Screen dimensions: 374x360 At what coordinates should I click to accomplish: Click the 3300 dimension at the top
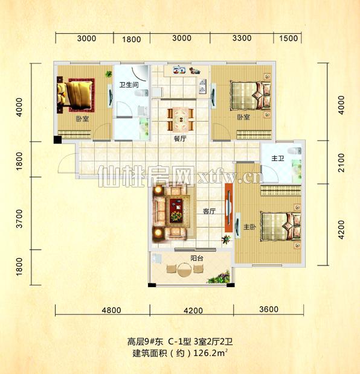click(x=242, y=39)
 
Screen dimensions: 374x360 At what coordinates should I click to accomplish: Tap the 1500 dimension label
click(x=289, y=39)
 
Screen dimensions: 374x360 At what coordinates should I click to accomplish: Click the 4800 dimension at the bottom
click(x=112, y=311)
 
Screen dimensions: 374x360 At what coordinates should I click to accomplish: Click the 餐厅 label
click(x=181, y=138)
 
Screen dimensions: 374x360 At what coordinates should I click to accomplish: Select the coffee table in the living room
click(x=177, y=207)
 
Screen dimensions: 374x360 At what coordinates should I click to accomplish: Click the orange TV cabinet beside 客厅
click(x=228, y=211)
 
